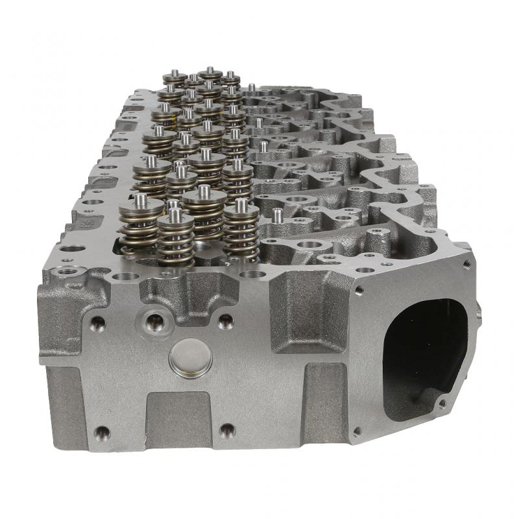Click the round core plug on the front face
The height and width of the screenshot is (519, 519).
click(190, 358)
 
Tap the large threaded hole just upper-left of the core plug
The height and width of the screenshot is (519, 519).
click(154, 319)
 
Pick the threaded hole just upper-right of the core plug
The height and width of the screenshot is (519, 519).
click(225, 320)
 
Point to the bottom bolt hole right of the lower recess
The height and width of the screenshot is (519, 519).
click(226, 430)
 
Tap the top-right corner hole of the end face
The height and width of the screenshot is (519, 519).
click(466, 264)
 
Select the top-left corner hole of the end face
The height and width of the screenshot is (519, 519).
click(359, 290)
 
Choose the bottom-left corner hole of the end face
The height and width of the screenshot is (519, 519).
click(356, 431)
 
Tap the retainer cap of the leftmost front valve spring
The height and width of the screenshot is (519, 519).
click(141, 207)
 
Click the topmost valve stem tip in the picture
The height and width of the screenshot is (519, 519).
click(210, 71)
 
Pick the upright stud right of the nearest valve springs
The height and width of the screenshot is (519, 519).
click(278, 215)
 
